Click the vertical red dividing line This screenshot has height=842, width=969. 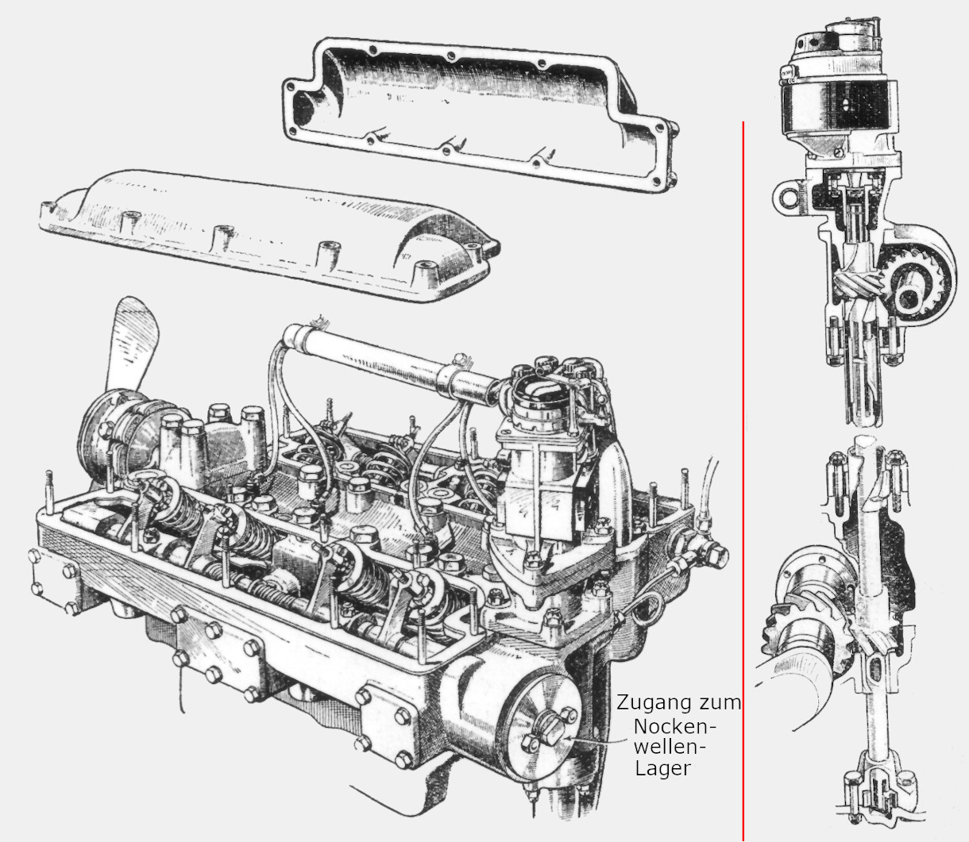tap(743, 476)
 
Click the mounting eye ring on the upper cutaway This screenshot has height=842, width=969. tap(787, 195)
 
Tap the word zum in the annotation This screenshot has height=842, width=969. tap(721, 703)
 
